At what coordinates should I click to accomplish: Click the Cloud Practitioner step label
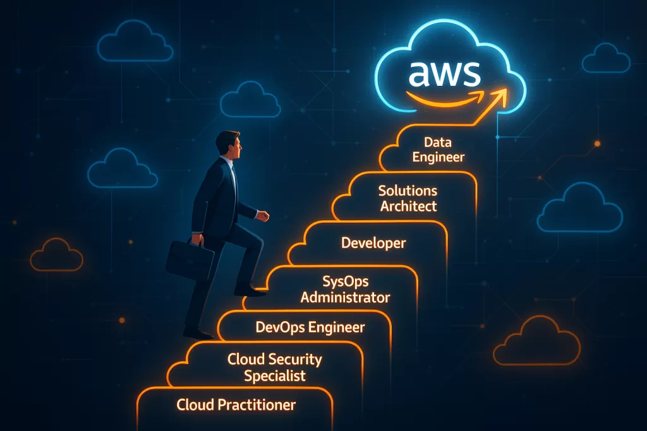(x=236, y=404)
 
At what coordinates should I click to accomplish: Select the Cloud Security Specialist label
(x=275, y=367)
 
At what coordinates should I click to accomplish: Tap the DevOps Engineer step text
(x=310, y=327)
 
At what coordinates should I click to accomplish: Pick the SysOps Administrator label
(x=345, y=289)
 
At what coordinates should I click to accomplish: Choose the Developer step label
(x=373, y=242)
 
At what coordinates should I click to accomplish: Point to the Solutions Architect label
(x=408, y=198)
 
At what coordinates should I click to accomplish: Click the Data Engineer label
(x=438, y=150)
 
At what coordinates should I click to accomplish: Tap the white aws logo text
(x=444, y=74)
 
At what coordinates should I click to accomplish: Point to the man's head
(x=229, y=145)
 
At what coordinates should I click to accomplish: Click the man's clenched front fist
(x=263, y=216)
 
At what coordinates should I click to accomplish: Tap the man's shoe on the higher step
(x=251, y=291)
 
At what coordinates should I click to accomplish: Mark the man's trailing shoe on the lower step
(x=198, y=332)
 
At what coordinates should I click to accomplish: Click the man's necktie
(x=234, y=175)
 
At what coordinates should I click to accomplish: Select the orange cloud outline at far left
(x=57, y=255)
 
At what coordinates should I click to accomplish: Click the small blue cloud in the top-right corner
(x=606, y=59)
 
